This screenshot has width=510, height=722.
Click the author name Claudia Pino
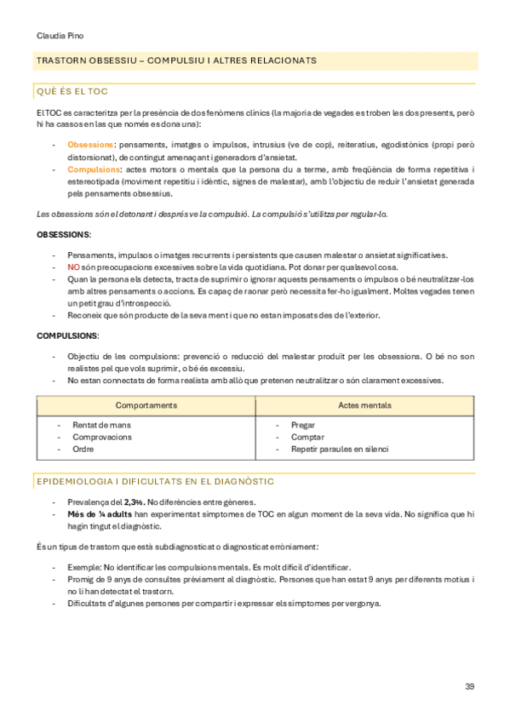click(60, 36)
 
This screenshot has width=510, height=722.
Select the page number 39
click(470, 686)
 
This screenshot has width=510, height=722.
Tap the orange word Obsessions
click(91, 145)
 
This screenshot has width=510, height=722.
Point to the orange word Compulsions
click(94, 169)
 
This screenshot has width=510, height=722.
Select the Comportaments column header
click(146, 405)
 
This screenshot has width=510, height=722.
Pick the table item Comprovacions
click(102, 437)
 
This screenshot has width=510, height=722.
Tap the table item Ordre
click(83, 449)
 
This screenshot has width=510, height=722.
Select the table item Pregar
click(303, 424)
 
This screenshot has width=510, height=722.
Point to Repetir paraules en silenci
click(339, 449)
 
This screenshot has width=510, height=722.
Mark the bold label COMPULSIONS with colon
click(67, 336)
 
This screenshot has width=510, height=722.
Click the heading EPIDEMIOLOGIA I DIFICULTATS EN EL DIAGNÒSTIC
click(154, 482)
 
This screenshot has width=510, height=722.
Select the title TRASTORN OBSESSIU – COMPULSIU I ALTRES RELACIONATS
click(176, 60)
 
